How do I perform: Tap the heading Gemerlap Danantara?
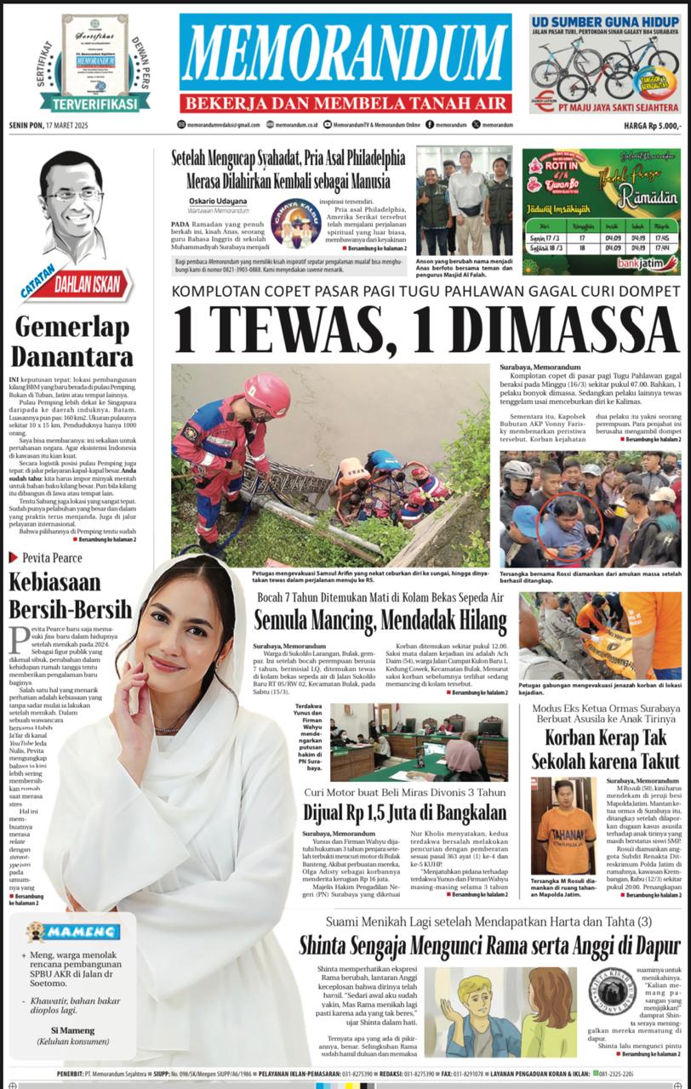click(x=71, y=341)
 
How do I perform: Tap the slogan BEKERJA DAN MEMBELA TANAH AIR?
click(x=345, y=103)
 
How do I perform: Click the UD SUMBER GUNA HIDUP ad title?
click(x=605, y=21)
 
